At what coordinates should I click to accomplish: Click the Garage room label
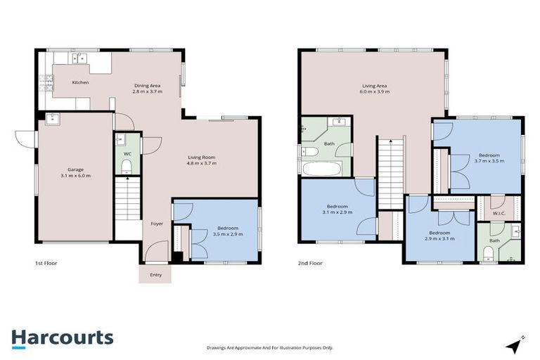coord(75,169)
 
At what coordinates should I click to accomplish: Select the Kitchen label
coord(81,82)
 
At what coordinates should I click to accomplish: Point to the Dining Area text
coord(148,85)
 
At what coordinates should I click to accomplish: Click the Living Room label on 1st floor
coord(202,157)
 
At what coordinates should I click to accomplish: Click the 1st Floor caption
coord(46,263)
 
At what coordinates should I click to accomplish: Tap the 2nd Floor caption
coord(309,263)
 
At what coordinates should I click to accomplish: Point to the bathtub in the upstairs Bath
coord(321,169)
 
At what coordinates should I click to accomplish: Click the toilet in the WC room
coord(127,166)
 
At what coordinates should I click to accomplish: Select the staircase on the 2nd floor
coord(388,172)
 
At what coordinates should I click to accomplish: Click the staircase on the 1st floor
coord(127,200)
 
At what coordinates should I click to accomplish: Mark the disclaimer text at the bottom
coord(270,347)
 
